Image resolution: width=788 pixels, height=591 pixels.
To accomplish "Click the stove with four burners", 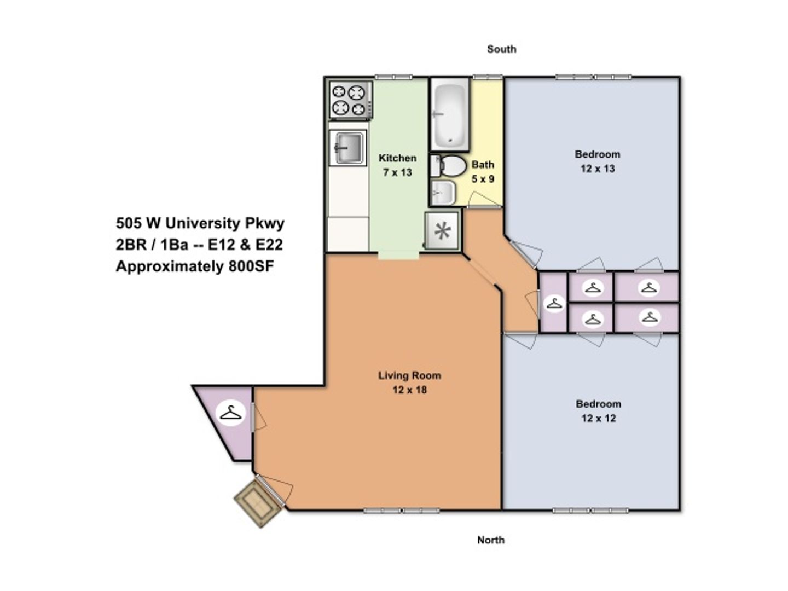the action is pos(350,100).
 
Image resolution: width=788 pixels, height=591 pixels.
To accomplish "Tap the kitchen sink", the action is pos(347,148).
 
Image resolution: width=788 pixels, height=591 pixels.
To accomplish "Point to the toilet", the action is pos(448,166).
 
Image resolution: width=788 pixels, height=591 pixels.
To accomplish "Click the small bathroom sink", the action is pos(443,193).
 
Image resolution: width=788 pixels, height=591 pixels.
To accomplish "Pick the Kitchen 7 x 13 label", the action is pos(397,165).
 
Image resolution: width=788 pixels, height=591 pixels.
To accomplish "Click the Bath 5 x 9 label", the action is pos(483,171).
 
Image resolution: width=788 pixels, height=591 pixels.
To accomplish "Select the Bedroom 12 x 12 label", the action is pos(598,411).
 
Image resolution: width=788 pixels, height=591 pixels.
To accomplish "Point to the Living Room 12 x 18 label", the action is pos(410,382).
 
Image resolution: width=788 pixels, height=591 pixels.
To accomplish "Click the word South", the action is pos(501,49).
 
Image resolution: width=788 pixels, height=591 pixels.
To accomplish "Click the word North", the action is pos(491,540).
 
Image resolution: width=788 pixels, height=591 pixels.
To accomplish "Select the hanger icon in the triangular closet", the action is pos(231,413).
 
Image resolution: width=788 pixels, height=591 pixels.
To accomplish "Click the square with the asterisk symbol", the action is pos(442,230).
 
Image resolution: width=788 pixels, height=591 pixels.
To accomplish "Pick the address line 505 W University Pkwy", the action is pos(200,223).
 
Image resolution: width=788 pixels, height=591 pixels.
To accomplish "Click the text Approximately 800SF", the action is pos(195,266).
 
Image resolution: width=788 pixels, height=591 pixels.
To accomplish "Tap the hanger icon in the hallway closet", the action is pos(554,304).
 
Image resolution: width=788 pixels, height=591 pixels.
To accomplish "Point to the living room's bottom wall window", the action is pos(401,510).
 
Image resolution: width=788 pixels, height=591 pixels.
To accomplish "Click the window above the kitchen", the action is pos(394,77).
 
